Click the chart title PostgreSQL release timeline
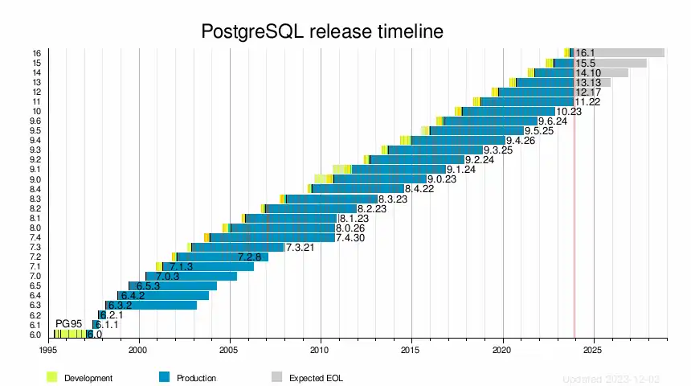tap(321, 32)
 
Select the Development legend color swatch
tap(52, 377)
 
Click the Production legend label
tap(197, 378)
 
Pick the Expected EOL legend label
tap(316, 378)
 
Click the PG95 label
tap(69, 323)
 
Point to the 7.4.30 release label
tap(350, 238)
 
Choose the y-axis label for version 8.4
tap(35, 189)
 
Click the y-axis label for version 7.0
tap(35, 277)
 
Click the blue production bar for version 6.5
tap(173, 286)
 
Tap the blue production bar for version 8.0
tap(281, 228)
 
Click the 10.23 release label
tap(569, 112)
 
